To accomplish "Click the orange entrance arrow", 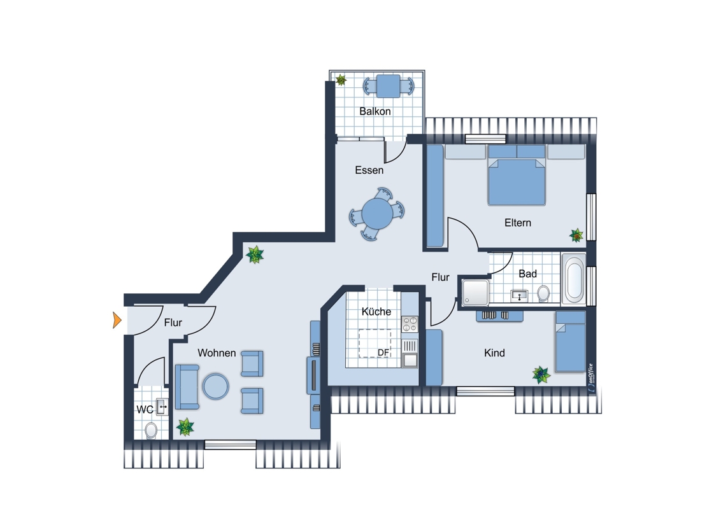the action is [x=117, y=320].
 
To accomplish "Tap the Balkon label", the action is [x=375, y=111].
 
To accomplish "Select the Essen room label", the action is [x=369, y=170].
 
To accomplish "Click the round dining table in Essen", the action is [x=377, y=214].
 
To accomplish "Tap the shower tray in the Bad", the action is [x=475, y=293].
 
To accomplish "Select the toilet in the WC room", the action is [x=151, y=431].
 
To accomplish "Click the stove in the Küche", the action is [x=410, y=324].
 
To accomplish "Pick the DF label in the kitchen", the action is [x=383, y=352].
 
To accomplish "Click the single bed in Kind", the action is [x=570, y=341].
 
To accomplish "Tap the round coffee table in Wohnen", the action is [x=216, y=386].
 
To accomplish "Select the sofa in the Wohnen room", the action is [x=187, y=387].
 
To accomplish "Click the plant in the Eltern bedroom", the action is [x=576, y=235].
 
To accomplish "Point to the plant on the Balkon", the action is [x=341, y=80].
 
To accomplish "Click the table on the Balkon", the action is [x=389, y=86].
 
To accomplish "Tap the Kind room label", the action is [x=494, y=353].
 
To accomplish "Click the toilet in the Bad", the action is [x=543, y=293].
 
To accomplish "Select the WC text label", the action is [x=145, y=409].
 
